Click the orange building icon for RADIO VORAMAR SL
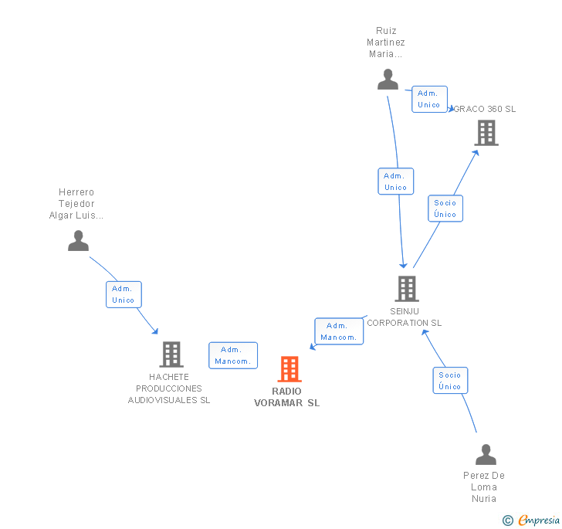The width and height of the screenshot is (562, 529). pyautogui.click(x=289, y=369)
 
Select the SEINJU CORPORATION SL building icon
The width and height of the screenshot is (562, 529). pyautogui.click(x=407, y=289)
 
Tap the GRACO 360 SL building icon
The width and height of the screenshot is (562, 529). pyautogui.click(x=486, y=133)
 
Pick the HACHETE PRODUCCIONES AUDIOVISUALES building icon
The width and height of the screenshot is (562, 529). pyautogui.click(x=171, y=354)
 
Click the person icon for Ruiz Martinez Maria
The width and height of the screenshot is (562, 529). pyautogui.click(x=388, y=79)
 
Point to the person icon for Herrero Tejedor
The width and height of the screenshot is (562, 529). pyautogui.click(x=78, y=241)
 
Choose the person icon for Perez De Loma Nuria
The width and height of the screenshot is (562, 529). pyautogui.click(x=486, y=454)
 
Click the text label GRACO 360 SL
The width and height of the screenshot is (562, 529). pyautogui.click(x=485, y=109)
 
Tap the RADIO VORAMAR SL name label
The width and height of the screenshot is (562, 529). pyautogui.click(x=286, y=397)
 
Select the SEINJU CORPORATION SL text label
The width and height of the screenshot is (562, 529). pyautogui.click(x=405, y=317)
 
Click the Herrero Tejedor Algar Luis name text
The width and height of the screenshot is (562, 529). pyautogui.click(x=76, y=204)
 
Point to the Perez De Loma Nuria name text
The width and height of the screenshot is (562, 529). pyautogui.click(x=484, y=487)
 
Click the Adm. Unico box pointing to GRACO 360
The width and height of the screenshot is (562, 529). pyautogui.click(x=429, y=99)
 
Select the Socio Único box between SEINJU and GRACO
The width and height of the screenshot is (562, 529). pyautogui.click(x=445, y=209)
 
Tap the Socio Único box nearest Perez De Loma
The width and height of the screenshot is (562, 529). pyautogui.click(x=450, y=381)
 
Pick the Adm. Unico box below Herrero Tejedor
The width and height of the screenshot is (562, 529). pyautogui.click(x=124, y=294)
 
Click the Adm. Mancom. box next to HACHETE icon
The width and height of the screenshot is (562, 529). pyautogui.click(x=232, y=355)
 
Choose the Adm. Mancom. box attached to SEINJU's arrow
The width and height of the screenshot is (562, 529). pyautogui.click(x=338, y=331)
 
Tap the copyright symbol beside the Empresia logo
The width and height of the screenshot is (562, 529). pyautogui.click(x=508, y=521)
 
